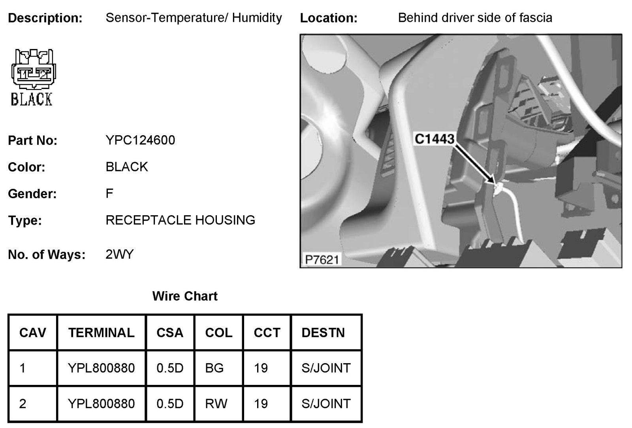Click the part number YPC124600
coord(140,140)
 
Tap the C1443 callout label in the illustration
coord(434,138)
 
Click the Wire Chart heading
coord(185,296)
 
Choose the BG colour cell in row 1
coord(214,368)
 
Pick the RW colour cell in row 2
coord(216,403)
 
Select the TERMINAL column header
coord(101,333)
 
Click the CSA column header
coord(170,333)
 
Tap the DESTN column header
coord(323,333)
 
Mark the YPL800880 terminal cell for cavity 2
coord(101,403)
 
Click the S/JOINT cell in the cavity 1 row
coord(326,368)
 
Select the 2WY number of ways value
coord(120,254)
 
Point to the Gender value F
coord(109,193)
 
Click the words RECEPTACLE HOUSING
coord(180,220)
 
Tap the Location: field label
coord(329,18)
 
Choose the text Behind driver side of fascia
coord(475,18)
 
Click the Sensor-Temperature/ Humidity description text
coord(194,18)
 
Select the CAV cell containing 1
coord(23,368)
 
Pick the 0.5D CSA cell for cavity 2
coord(170,403)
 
